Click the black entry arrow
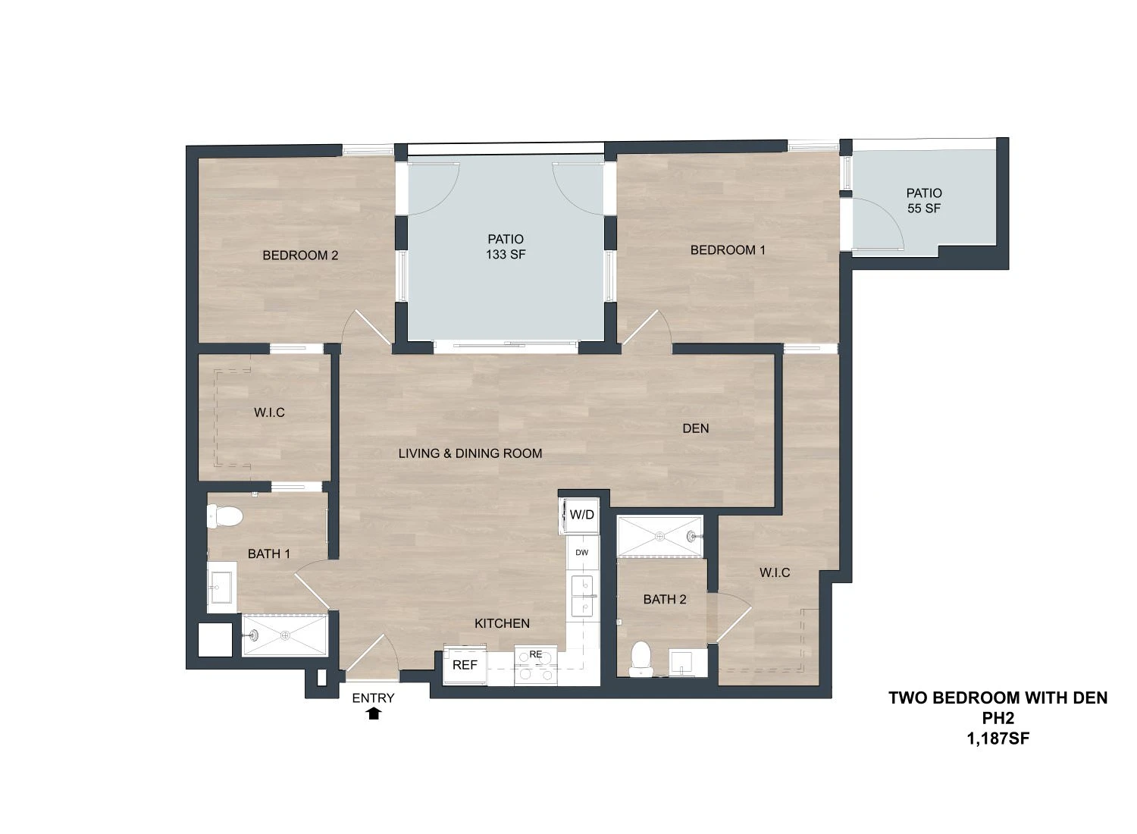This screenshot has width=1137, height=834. coord(374,713)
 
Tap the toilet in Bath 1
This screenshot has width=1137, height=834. coord(225,516)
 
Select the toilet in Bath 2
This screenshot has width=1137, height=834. coord(641,658)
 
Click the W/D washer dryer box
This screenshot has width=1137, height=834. coord(579,516)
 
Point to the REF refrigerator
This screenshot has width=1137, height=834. coord(465,665)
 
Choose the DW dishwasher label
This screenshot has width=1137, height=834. coord(581,553)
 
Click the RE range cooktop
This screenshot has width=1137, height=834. coord(535,665)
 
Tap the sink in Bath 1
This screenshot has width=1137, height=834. coord(222,588)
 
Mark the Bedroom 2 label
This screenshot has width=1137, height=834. coord(300,256)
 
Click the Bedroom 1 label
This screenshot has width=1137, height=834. coord(728,249)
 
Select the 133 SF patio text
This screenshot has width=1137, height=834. coord(506,254)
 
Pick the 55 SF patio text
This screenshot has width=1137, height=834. coord(924,208)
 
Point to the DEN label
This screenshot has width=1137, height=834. coord(695,428)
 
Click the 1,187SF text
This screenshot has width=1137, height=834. coord(998,738)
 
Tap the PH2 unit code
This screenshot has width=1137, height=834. coord(998,718)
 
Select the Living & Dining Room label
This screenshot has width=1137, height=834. coord(470,453)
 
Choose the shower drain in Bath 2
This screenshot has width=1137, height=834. coord(660,536)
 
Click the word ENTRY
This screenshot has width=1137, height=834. coord(373,698)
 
